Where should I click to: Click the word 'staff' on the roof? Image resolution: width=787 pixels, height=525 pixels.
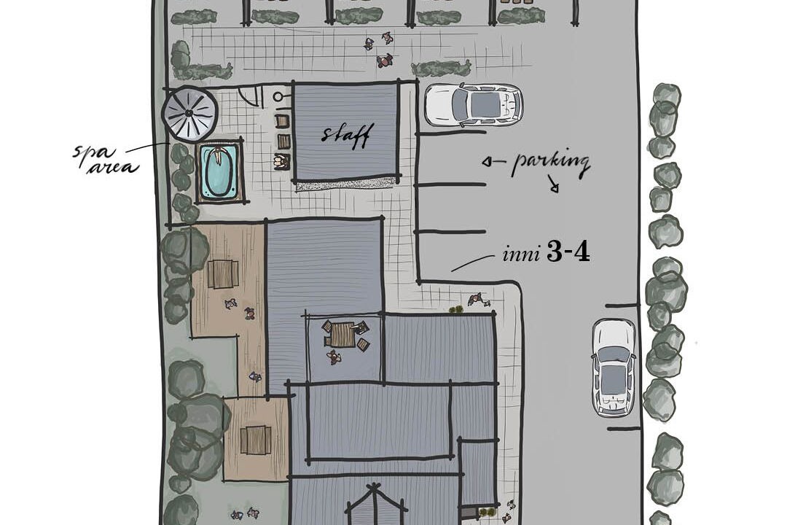346,135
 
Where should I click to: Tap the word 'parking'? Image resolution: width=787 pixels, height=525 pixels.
550,164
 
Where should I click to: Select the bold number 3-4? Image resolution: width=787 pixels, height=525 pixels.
568,253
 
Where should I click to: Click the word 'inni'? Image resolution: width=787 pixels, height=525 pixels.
521,254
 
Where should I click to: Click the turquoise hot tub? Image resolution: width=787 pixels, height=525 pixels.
219,171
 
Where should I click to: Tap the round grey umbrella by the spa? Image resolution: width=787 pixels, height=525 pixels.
189,114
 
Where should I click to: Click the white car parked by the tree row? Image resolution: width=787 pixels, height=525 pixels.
614,367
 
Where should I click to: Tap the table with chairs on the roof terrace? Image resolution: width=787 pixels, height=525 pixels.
344,335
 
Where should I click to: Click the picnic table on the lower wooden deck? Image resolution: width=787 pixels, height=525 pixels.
256,440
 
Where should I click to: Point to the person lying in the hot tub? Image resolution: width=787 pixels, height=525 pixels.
219,156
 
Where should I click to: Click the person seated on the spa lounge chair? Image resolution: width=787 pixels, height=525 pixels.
281,161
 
